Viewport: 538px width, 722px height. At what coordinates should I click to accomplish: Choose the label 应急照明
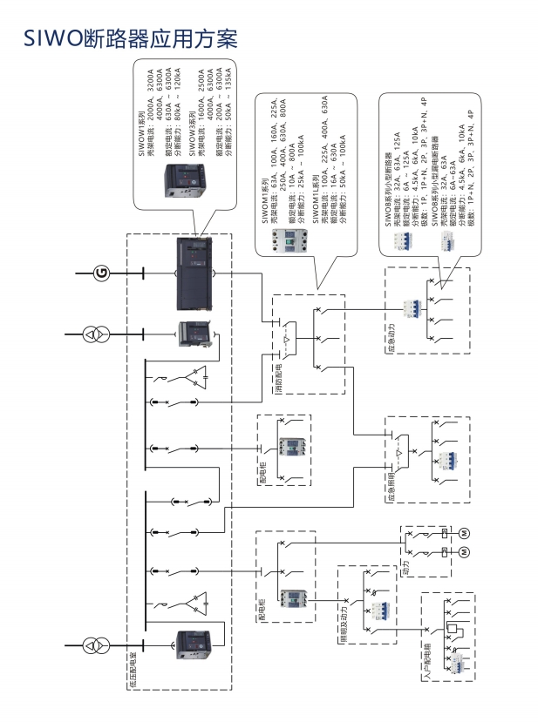click(389, 487)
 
